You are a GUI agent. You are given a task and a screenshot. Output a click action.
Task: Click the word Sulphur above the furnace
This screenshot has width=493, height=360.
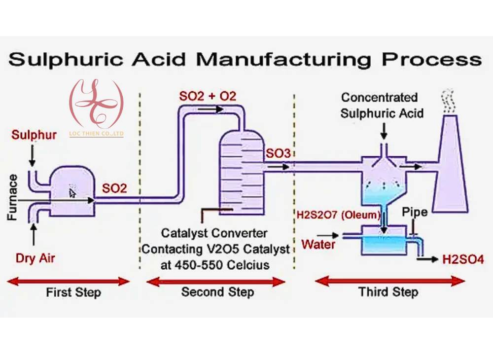tap(34, 135)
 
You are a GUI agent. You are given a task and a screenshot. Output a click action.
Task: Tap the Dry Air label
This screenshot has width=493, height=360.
tap(35, 258)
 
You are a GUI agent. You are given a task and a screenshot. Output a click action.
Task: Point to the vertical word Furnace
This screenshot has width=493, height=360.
tap(12, 197)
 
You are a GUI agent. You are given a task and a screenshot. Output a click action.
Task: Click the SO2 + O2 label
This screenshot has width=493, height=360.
tap(208, 96)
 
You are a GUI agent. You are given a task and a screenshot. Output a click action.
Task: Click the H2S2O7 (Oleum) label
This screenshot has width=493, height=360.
tap(338, 215)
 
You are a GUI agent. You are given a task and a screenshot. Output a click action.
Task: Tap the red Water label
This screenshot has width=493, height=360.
tap(318, 244)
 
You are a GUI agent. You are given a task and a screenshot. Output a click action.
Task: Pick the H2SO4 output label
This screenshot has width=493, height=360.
tap(463, 260)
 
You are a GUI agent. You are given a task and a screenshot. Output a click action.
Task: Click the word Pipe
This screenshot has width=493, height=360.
tap(415, 212)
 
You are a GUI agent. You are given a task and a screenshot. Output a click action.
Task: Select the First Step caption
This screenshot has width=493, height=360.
tap(73, 292)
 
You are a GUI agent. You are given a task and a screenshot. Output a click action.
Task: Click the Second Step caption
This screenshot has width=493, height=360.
tap(217, 292)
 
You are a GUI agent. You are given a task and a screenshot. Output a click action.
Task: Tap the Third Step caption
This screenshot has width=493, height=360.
tap(388, 292)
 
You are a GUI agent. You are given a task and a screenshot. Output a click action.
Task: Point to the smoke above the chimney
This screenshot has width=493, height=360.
tap(448, 102)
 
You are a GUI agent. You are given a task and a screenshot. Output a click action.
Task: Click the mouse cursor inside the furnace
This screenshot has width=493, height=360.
tap(72, 192)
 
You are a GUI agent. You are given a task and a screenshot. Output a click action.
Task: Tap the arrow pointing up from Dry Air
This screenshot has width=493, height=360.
tap(34, 234)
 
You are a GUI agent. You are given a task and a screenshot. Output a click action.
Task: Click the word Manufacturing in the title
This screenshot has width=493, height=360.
tap(283, 59)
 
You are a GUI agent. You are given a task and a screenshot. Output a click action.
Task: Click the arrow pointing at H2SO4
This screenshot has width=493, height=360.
tap(427, 259)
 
